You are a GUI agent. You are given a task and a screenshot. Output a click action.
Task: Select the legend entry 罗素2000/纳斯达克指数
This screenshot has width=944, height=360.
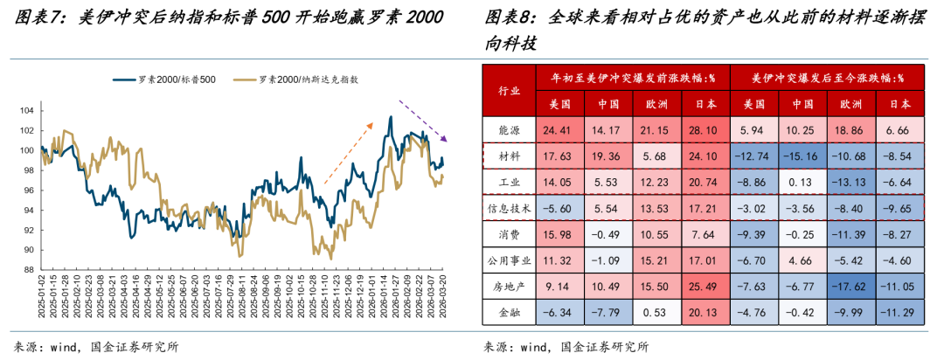tap(305, 80)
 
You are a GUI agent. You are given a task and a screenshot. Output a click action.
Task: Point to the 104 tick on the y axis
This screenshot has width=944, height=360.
tap(29, 110)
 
